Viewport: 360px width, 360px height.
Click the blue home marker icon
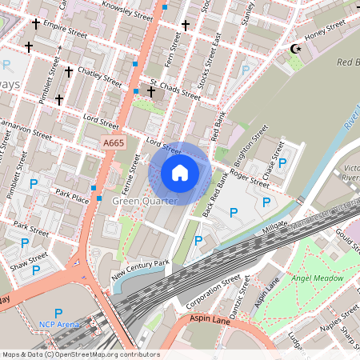pyautogui.click(x=180, y=173)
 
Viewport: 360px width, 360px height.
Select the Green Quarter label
pyautogui.click(x=145, y=200)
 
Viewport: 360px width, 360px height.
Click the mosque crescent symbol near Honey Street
pyautogui.click(x=295, y=49)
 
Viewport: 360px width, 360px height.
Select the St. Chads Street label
pyautogui.click(x=174, y=89)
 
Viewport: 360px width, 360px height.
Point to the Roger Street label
pyautogui.click(x=249, y=176)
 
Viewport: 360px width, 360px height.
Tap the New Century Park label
pyautogui.click(x=141, y=269)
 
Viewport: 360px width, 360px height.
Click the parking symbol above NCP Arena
pyautogui.click(x=58, y=312)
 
